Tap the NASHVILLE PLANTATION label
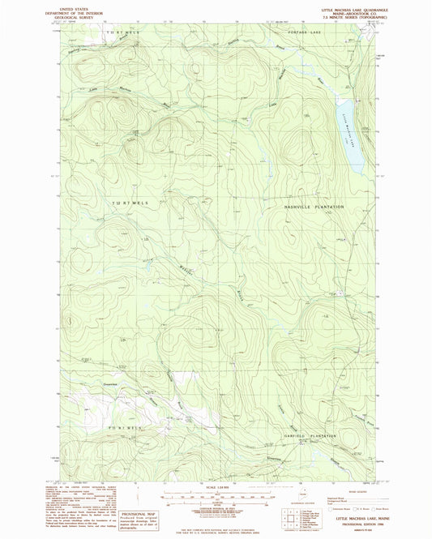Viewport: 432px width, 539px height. click(x=314, y=207)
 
